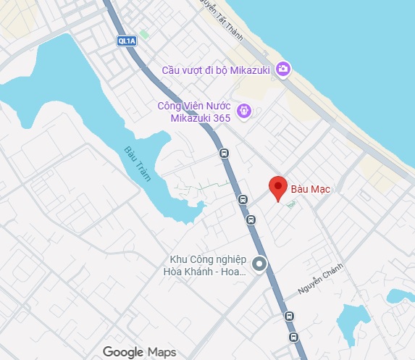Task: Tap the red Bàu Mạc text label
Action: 310,189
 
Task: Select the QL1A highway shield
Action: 126,41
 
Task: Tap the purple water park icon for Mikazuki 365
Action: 245,111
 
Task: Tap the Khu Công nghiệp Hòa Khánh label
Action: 208,266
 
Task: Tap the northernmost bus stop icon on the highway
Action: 224,153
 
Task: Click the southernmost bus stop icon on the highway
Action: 293,338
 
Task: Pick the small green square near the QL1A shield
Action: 145,34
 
